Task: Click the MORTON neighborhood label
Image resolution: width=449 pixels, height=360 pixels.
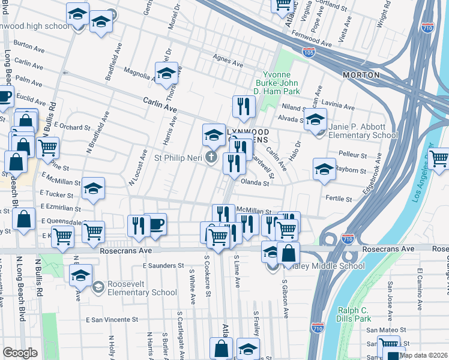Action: pos(361,75)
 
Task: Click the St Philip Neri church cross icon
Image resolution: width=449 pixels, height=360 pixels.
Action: pos(211,158)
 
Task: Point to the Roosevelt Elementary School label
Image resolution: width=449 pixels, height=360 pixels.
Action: pos(142,288)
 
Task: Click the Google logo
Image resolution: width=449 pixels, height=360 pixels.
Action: pos(20,353)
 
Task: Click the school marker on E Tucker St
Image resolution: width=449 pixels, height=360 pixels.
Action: pos(93,188)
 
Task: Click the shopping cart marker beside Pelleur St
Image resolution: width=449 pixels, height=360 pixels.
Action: pos(439,158)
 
